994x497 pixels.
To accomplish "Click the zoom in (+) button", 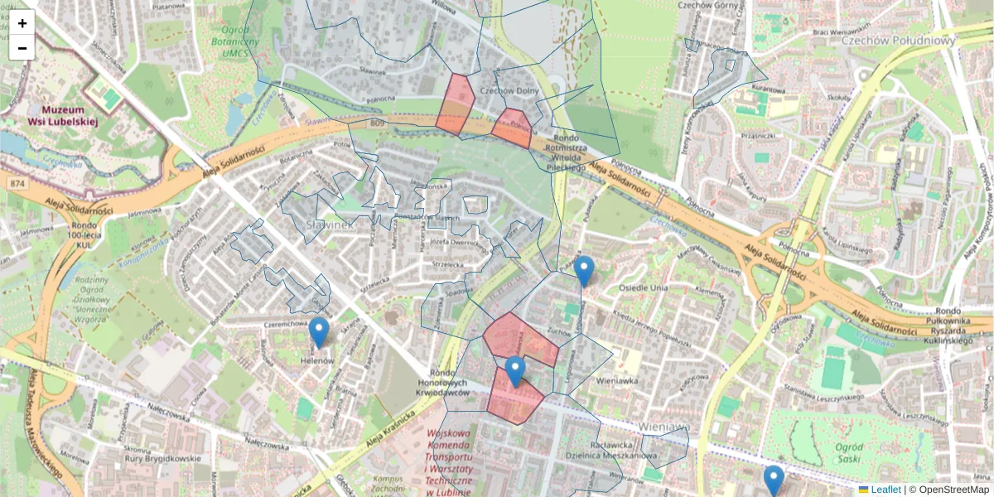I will click(x=22, y=23).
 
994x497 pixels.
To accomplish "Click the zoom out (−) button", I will click(x=22, y=48).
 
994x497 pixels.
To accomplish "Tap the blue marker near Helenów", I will click(x=319, y=332).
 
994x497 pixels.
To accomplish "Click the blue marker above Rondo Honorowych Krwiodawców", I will click(x=515, y=371).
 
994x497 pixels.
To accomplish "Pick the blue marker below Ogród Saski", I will click(x=774, y=480).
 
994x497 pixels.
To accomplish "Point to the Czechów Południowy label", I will click(x=886, y=40).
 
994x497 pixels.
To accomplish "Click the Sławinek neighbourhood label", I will click(x=331, y=224).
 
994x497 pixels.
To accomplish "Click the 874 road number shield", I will click(x=16, y=182).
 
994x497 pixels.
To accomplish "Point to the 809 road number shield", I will click(x=379, y=124).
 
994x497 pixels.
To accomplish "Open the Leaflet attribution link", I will click(x=885, y=490).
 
